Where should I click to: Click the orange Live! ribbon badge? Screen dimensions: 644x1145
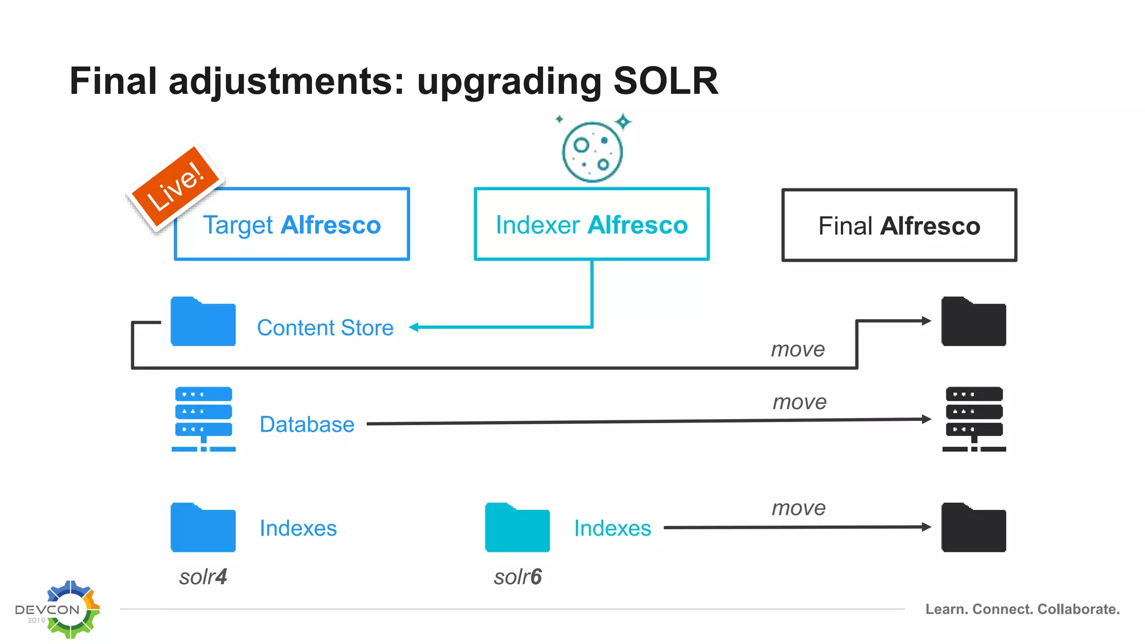(x=176, y=186)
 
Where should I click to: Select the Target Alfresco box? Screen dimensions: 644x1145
(x=292, y=225)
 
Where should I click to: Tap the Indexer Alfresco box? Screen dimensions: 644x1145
(x=592, y=225)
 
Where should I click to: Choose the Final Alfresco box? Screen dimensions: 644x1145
(x=899, y=225)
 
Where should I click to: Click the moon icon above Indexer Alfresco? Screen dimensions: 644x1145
(x=592, y=151)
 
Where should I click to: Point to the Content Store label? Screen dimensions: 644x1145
(x=325, y=328)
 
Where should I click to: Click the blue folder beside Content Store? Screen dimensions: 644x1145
(x=203, y=323)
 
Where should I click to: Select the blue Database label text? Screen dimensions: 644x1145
(x=307, y=424)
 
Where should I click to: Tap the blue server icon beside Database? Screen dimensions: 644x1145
(x=203, y=419)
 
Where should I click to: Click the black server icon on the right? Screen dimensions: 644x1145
(x=974, y=419)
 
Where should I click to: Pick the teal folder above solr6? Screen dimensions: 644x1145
(x=517, y=528)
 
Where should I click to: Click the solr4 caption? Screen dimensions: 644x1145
(x=203, y=577)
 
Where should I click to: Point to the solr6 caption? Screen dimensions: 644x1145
(x=518, y=577)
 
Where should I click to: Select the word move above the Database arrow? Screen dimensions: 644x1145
(x=799, y=402)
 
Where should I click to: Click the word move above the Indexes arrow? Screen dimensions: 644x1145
(x=798, y=508)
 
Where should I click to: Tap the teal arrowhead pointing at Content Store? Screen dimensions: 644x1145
(x=414, y=328)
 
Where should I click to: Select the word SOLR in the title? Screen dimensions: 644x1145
(x=665, y=81)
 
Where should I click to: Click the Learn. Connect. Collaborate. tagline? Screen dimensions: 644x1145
(x=1022, y=609)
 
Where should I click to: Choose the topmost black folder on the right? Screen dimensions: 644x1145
(x=973, y=323)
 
